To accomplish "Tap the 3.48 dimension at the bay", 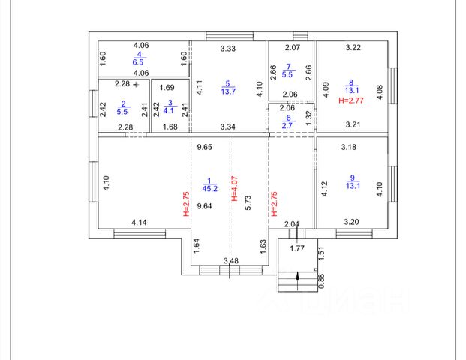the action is [x=232, y=260].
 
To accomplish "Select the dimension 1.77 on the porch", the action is [x=297, y=247].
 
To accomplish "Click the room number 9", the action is [x=353, y=178].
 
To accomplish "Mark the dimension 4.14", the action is [x=139, y=222].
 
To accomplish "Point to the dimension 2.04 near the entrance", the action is [x=293, y=223].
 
